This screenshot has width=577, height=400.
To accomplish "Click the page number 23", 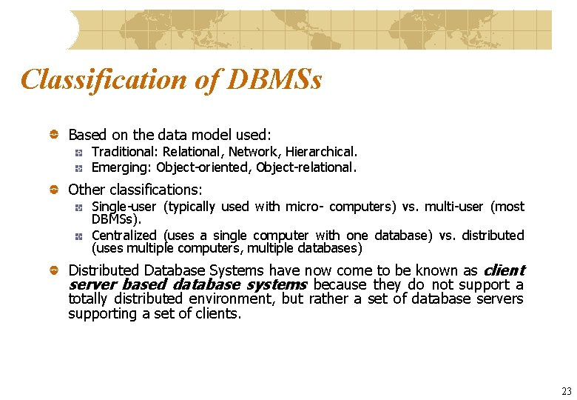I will (x=567, y=391).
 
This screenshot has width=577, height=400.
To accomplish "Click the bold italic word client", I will (x=504, y=270).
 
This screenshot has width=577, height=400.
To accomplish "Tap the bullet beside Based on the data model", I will (x=54, y=135).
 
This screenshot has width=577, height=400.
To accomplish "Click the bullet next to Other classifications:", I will (x=54, y=190).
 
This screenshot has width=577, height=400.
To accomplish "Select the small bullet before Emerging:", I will (x=78, y=167).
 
